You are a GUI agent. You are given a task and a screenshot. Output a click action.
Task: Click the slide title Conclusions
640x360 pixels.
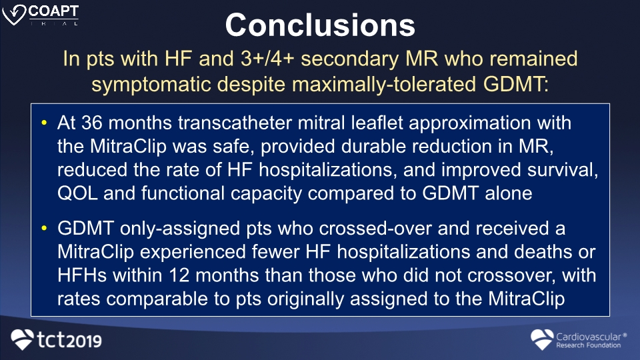pos(320,25)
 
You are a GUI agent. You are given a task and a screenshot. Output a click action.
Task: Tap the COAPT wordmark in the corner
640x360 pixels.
pos(53,11)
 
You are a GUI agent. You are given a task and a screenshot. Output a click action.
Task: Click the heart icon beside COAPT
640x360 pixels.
pos(14,15)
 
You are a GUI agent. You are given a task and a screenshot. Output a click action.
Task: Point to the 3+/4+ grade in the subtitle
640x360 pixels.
pos(267,59)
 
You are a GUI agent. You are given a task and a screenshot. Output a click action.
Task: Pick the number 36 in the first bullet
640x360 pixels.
pos(92,123)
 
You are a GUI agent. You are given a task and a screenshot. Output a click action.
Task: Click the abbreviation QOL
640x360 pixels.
pos(77,193)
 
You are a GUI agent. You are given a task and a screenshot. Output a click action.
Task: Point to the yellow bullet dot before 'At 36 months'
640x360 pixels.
pos(45,123)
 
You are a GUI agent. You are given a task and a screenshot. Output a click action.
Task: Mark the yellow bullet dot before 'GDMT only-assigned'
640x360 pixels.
pos(45,228)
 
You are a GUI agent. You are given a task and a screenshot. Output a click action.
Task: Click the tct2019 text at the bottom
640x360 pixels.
pos(69,340)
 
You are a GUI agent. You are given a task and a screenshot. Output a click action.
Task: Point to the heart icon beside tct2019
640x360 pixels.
pos(22,339)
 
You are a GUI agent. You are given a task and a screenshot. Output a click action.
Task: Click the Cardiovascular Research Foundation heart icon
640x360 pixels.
pos(542,339)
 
